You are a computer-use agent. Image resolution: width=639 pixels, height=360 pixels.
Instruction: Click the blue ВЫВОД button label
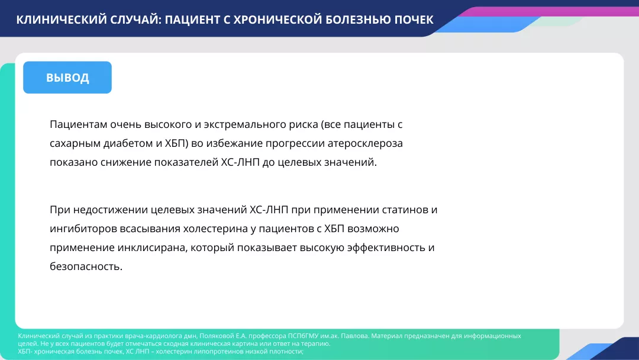pos(67,78)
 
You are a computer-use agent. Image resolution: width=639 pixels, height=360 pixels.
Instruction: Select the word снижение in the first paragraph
pos(123,162)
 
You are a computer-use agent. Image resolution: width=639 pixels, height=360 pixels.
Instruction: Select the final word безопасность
pos(86,266)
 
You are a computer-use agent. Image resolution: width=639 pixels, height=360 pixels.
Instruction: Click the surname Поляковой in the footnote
pos(220,336)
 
